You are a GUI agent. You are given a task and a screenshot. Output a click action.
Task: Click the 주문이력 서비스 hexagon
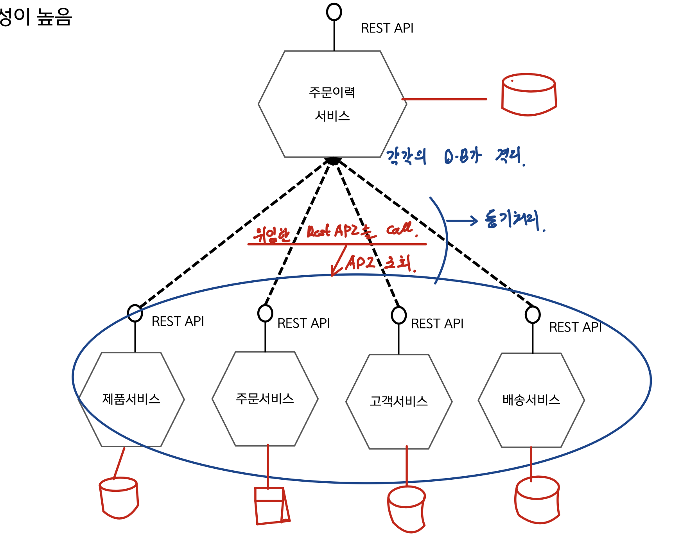click(x=332, y=104)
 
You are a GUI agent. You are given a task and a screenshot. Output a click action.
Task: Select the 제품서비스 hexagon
click(x=131, y=399)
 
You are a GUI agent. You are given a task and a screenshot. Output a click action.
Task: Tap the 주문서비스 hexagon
click(x=265, y=398)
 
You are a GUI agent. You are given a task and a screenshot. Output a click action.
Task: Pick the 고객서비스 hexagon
click(x=399, y=402)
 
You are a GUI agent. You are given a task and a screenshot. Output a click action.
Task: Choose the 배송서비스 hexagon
click(x=531, y=400)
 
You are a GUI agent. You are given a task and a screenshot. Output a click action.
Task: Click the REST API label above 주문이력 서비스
click(x=387, y=29)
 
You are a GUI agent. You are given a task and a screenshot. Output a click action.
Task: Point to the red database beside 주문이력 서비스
click(x=529, y=95)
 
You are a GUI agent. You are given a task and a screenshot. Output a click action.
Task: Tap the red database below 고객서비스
click(x=407, y=509)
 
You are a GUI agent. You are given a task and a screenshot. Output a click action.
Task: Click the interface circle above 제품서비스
click(x=135, y=313)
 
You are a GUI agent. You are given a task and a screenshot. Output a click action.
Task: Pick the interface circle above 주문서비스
click(x=265, y=313)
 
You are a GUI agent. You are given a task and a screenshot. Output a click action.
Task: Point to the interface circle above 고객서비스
click(x=399, y=315)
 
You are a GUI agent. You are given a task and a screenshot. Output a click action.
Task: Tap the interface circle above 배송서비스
click(x=533, y=314)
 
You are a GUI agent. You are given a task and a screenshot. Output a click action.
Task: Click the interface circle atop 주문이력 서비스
click(x=334, y=12)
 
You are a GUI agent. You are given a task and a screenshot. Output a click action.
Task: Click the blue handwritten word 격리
click(x=509, y=156)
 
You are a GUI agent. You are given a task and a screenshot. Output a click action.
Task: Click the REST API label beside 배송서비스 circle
click(x=575, y=327)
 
